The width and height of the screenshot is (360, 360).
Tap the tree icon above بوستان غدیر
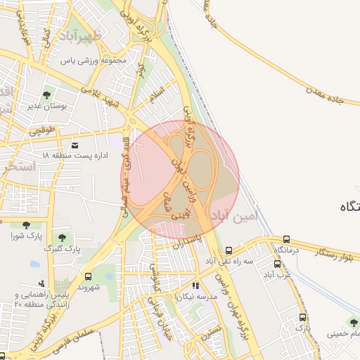(47, 94)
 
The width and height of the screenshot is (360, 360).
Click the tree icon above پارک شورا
(27, 225)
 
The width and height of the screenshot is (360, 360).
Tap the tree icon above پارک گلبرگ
(62, 238)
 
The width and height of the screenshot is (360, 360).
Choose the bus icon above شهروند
(88, 277)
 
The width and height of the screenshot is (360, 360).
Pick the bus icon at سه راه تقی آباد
(229, 250)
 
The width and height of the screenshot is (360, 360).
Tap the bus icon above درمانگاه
(286, 240)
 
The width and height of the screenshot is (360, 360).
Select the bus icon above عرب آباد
(277, 264)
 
